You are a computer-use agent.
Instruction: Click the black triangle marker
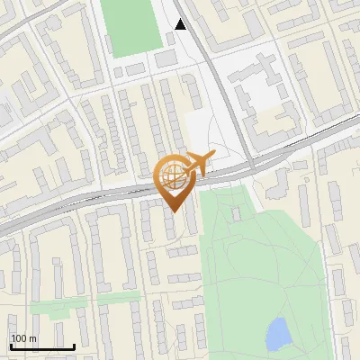(181, 24)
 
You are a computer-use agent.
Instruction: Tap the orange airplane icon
(194, 165)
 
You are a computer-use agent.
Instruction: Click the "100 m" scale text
(24, 338)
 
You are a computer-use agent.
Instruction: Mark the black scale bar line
(42, 347)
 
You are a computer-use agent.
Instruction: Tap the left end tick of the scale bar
(11, 346)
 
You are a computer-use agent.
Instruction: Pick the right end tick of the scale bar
(75, 346)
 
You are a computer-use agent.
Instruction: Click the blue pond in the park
(278, 334)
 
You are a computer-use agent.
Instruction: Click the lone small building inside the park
(237, 214)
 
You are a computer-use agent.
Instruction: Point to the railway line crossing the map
(90, 200)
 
